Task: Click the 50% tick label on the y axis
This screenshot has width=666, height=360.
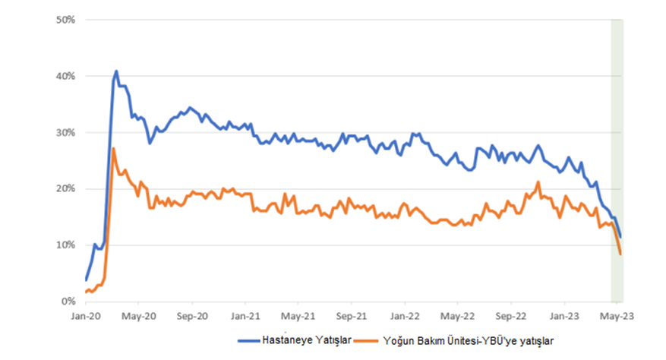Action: (65, 20)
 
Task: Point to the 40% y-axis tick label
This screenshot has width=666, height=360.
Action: (65, 76)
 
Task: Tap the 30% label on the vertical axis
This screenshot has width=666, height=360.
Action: (65, 132)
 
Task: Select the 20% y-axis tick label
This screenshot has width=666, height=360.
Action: (65, 188)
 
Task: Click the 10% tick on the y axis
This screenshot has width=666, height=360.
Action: (65, 245)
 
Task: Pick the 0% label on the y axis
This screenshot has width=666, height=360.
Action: (67, 301)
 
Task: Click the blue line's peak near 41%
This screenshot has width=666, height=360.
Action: (116, 71)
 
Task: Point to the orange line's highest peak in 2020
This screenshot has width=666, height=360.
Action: (113, 149)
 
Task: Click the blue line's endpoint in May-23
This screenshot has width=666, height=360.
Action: (620, 237)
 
